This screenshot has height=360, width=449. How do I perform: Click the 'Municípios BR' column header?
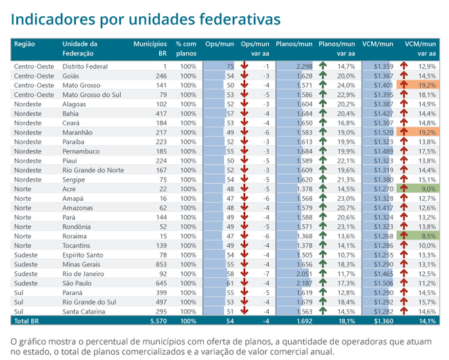[150, 48]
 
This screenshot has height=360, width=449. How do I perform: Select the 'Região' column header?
[25, 44]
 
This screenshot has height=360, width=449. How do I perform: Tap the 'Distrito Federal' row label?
[85, 66]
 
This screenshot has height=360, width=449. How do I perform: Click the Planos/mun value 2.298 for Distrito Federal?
[304, 66]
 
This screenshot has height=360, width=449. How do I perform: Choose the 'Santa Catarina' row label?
[84, 311]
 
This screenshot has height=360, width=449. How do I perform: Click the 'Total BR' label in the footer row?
[28, 320]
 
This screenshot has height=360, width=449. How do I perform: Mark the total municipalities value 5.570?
[158, 320]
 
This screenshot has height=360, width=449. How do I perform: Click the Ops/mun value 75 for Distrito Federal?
[230, 66]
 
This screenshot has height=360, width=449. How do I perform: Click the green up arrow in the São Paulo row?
[322, 283]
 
